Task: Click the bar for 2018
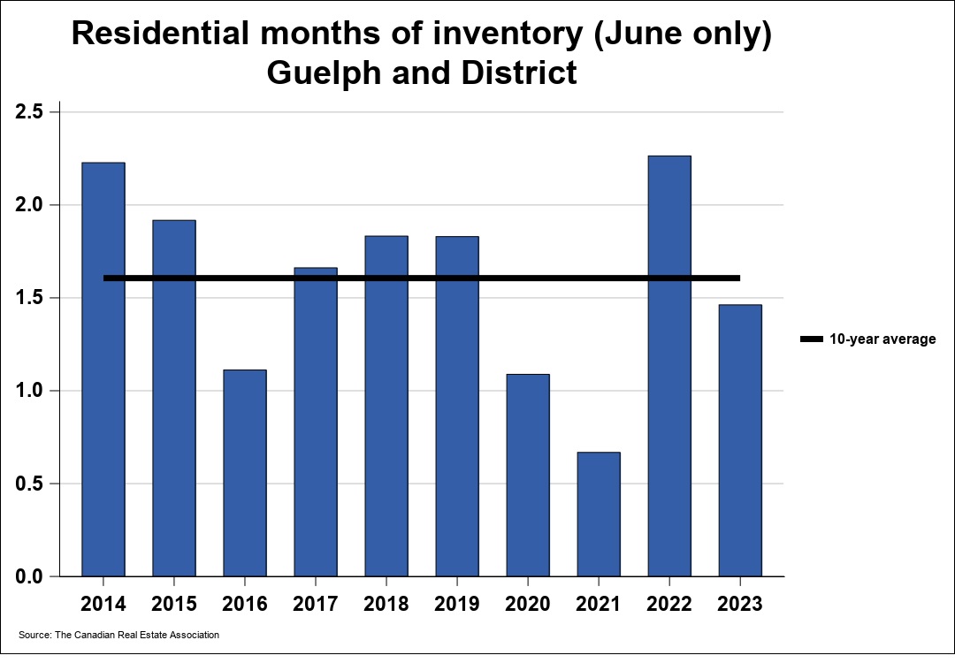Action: (386, 406)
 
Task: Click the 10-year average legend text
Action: (882, 339)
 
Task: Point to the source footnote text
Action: (118, 635)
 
